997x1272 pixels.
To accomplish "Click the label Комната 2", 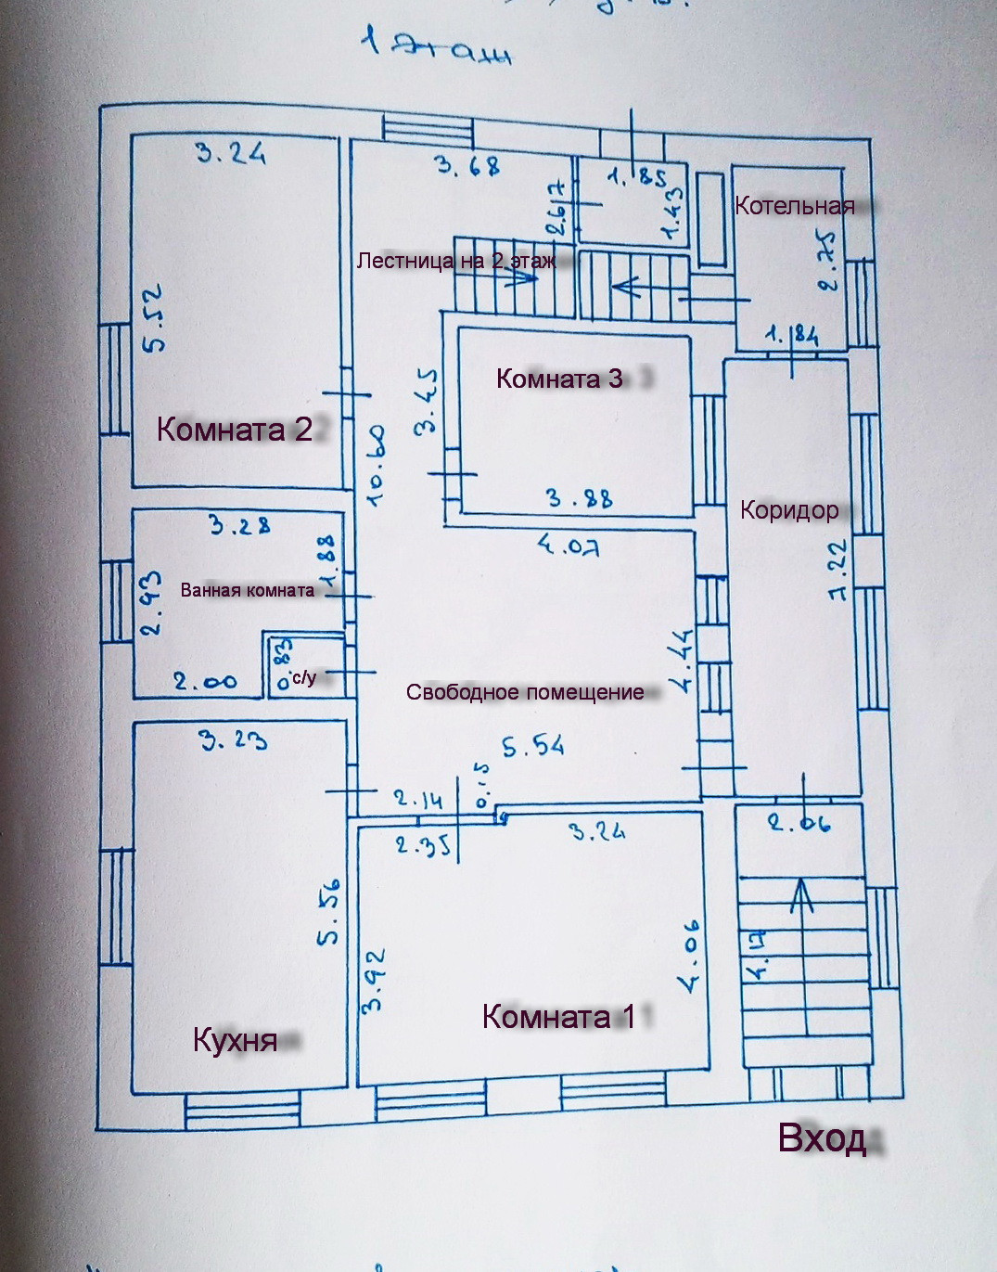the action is tap(235, 430).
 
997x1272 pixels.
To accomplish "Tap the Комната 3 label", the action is tap(560, 379).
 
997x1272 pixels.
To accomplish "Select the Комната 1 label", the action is tap(558, 1017).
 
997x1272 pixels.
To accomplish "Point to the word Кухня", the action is tap(235, 1040).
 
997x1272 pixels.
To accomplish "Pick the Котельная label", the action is tap(794, 206).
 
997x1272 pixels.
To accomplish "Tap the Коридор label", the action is tap(789, 509).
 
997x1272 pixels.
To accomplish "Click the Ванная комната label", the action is tap(248, 590).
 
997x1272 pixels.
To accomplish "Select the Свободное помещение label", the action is tap(525, 692).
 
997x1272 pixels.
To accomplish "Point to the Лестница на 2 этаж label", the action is tap(456, 261).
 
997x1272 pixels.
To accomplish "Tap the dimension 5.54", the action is tap(533, 746).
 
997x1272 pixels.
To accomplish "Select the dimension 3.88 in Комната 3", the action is tap(580, 498).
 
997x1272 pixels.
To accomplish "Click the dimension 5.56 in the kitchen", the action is tap(328, 912).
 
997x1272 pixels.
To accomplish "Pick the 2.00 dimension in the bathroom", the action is tap(205, 682).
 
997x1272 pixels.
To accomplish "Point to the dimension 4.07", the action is tap(569, 546).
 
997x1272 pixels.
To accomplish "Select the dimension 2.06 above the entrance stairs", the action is tap(799, 822).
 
